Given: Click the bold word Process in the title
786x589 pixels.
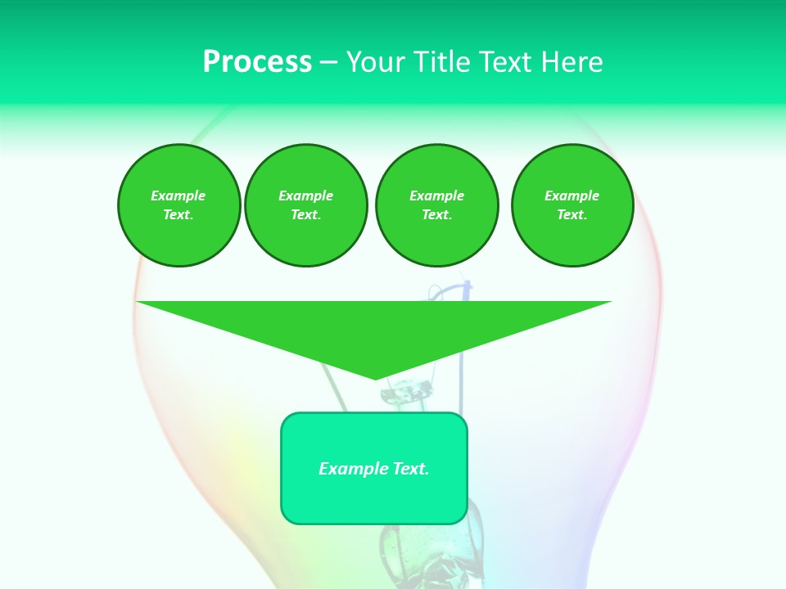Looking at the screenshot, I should coord(257,62).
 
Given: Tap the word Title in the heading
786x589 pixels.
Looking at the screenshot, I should coord(442,62).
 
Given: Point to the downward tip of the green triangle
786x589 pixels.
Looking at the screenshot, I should coord(375,377).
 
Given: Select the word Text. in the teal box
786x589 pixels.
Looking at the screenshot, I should coord(410,469).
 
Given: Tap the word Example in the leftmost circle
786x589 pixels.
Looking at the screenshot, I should coord(178,196).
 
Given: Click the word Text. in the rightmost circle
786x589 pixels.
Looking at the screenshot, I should coord(572,214).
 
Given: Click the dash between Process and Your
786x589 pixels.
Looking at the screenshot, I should coord(328,62).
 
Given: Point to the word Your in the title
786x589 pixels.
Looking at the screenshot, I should coord(373,62).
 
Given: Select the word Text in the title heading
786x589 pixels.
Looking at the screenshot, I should coord(507,62).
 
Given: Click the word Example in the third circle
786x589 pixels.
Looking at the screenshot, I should coord(436,196).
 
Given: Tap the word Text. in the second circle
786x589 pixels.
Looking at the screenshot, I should coord(305,214).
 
